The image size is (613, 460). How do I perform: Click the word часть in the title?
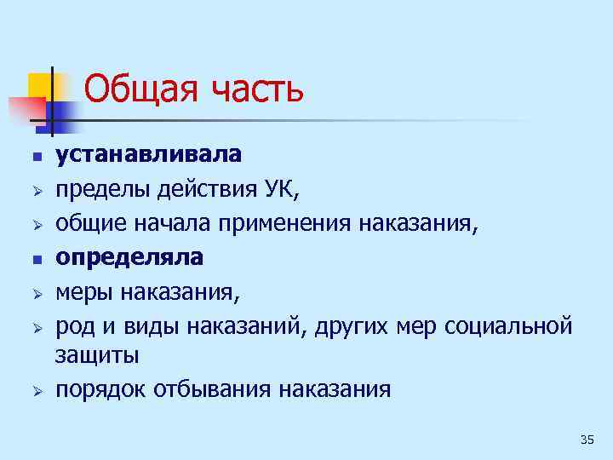(253, 88)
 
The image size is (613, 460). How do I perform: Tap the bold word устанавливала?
(148, 154)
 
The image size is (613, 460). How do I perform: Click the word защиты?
(96, 354)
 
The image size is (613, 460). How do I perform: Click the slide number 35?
(586, 440)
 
